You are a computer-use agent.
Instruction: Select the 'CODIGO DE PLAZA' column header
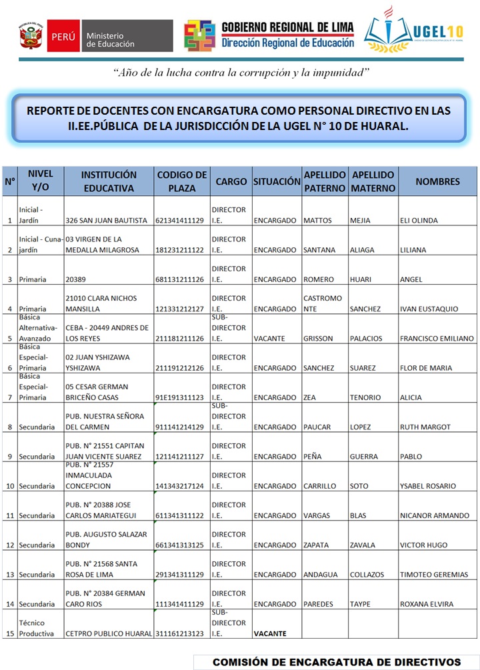(x=182, y=181)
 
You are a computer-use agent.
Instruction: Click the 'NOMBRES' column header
(x=437, y=181)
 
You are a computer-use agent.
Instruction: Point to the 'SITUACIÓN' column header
(x=277, y=181)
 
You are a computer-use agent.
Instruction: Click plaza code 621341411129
(x=179, y=221)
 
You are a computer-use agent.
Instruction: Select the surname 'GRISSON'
(x=318, y=339)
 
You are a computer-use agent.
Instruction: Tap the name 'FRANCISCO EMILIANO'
(x=437, y=339)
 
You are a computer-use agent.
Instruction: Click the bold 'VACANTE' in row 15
(x=270, y=633)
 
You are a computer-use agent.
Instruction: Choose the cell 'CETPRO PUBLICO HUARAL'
(x=109, y=633)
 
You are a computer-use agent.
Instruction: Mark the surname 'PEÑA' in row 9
(x=313, y=457)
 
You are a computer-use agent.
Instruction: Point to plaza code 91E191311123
(x=179, y=397)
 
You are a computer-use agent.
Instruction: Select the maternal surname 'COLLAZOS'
(x=367, y=575)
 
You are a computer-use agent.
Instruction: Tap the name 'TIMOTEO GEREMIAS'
(x=434, y=575)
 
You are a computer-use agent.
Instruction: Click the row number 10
(x=10, y=486)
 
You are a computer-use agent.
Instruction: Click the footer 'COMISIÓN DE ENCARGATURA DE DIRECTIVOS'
(x=337, y=662)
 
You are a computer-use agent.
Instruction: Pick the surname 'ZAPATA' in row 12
(x=316, y=545)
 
